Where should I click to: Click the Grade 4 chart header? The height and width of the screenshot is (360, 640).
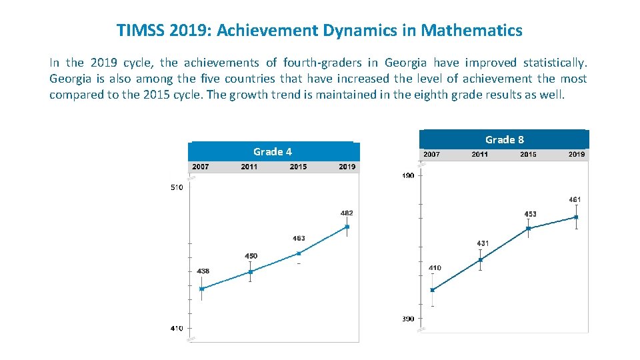pos(273,152)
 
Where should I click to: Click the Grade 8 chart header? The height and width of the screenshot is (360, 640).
pos(504,139)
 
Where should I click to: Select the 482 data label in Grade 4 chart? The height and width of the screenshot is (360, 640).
pos(347,213)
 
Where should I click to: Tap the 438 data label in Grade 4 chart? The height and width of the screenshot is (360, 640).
pos(203,271)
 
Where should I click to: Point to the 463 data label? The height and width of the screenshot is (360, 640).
pos(299,239)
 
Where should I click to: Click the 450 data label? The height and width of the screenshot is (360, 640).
pos(251,256)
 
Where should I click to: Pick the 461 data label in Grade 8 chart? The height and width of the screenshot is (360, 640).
pos(575,199)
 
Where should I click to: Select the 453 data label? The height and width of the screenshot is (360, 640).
pos(530,214)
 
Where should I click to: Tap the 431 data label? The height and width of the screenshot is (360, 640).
pos(482,243)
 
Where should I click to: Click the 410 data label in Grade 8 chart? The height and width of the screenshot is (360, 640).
pos(435,268)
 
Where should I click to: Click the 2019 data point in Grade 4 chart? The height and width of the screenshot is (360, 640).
pos(347,227)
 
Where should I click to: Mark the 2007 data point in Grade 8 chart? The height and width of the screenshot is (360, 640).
pos(433,290)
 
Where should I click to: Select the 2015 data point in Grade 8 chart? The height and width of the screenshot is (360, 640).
pos(528,229)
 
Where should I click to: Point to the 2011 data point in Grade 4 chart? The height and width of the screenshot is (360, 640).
pos(251,272)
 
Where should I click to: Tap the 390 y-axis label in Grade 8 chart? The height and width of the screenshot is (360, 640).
pos(408,319)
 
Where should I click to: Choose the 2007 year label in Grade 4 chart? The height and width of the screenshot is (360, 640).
pos(201,167)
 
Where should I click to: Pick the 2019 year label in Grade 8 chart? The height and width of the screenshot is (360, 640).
pos(577,155)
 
